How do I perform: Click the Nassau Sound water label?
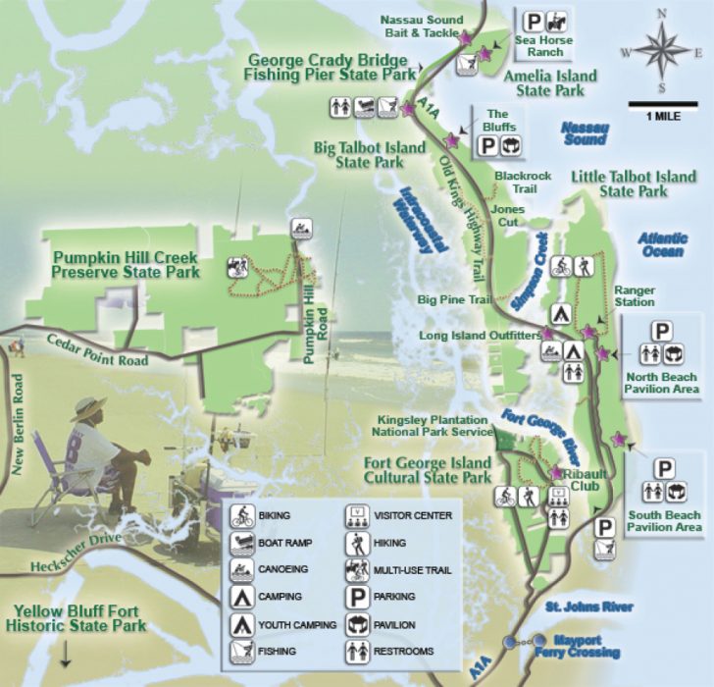click(586, 133)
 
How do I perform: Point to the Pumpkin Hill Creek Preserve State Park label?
click(126, 264)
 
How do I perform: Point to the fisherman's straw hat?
click(88, 407)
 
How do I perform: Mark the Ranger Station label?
click(634, 295)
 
